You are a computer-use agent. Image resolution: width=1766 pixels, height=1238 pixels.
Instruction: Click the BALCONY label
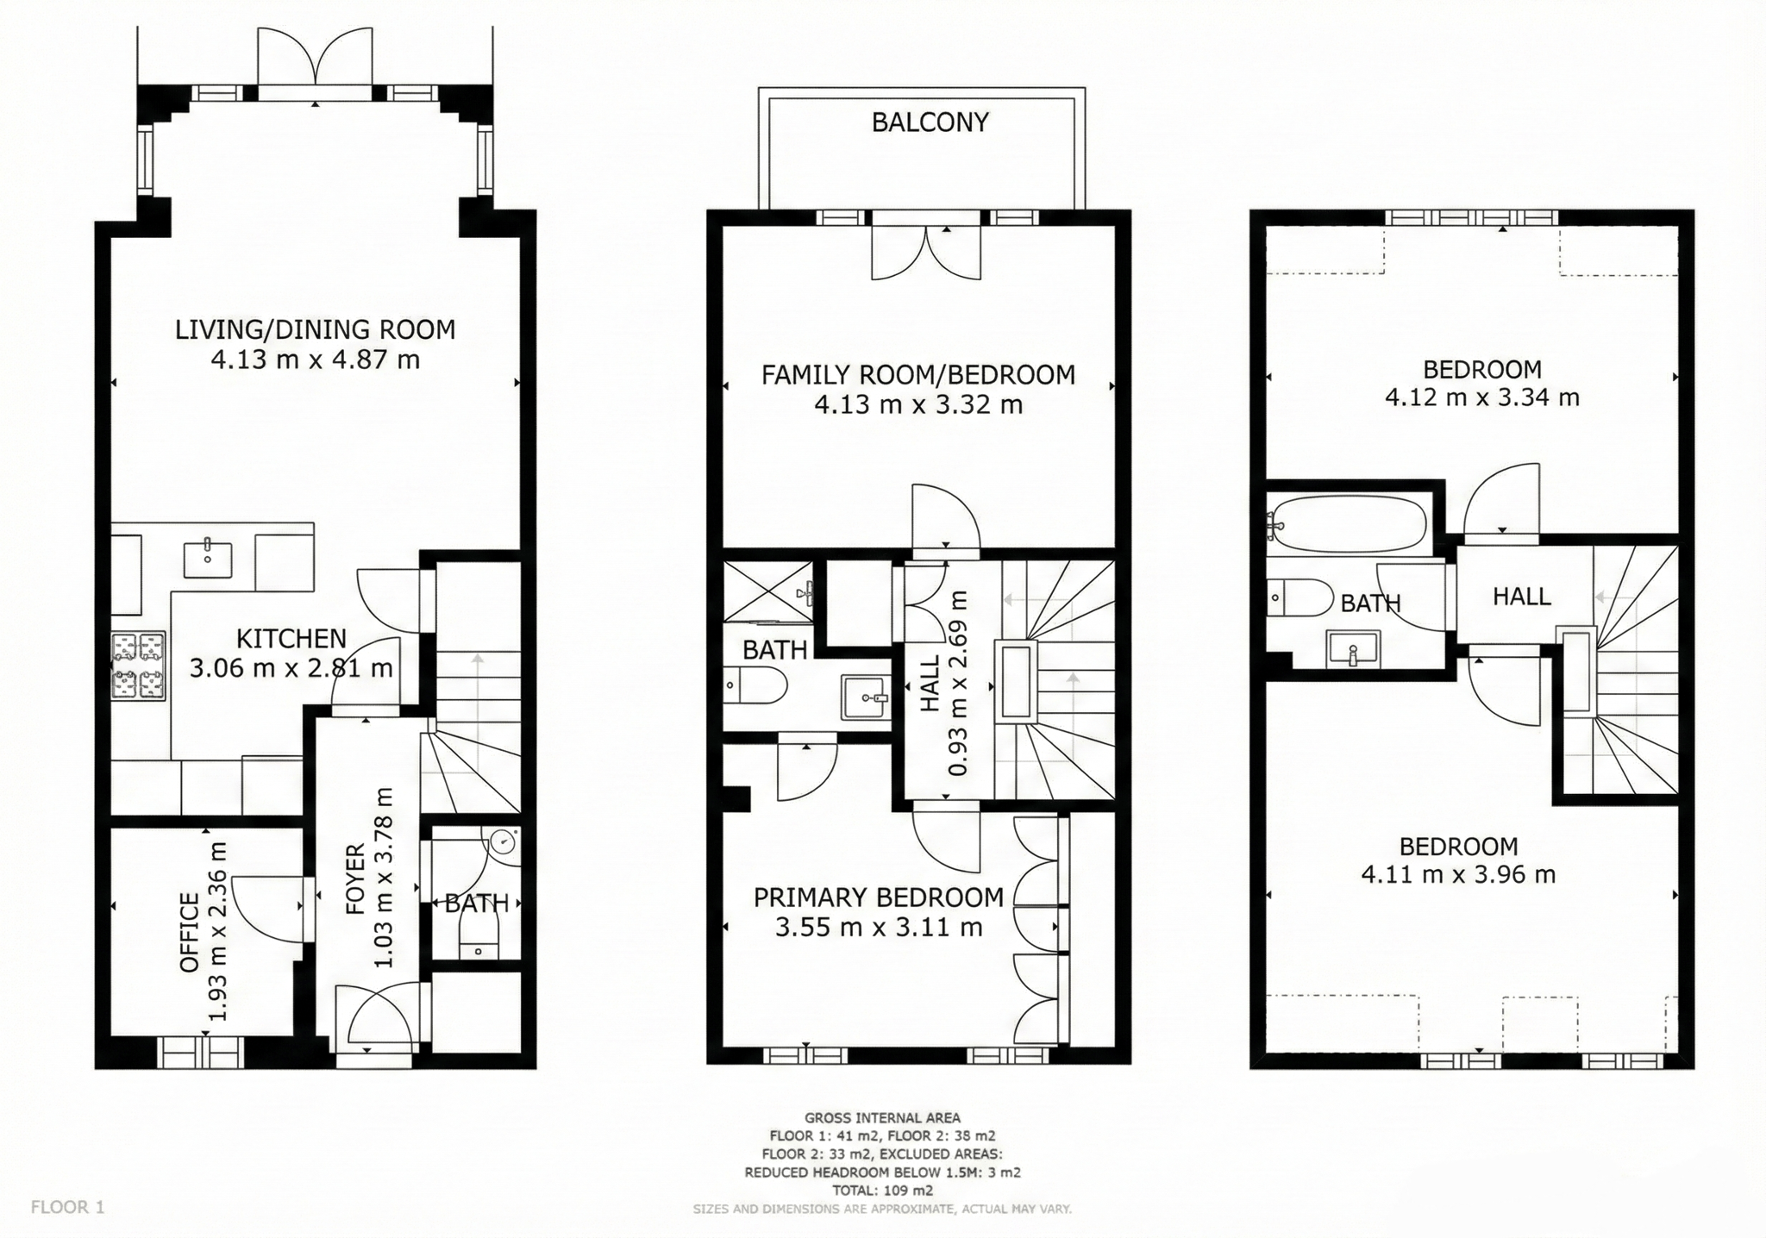tap(930, 122)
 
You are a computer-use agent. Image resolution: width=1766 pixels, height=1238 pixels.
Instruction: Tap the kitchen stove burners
tap(138, 665)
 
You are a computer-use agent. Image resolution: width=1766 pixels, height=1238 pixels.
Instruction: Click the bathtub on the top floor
tap(1349, 523)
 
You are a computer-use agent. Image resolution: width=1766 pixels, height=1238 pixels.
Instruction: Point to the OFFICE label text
tap(190, 933)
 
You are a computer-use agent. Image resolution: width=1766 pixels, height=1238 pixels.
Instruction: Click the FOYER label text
tap(355, 878)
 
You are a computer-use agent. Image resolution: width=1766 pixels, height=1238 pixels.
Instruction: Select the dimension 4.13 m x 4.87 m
tap(316, 360)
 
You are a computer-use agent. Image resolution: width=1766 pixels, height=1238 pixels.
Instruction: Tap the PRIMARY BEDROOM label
tap(879, 897)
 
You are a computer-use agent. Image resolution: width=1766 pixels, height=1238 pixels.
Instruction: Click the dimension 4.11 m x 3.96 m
tap(1458, 874)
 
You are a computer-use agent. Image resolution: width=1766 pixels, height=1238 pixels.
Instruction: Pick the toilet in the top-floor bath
tap(1299, 597)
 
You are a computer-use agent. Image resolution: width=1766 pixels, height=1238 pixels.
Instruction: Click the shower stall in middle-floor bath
tap(768, 591)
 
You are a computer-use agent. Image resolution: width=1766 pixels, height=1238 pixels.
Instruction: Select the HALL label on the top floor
tap(1522, 596)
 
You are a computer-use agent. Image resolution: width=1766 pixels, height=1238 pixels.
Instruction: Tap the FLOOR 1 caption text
tap(67, 1207)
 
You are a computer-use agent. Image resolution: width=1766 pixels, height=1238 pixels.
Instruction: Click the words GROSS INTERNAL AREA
tap(882, 1118)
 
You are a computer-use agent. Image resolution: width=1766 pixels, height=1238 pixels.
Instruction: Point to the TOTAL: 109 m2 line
tap(882, 1191)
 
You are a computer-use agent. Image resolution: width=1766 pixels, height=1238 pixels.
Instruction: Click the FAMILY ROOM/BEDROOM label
tap(918, 375)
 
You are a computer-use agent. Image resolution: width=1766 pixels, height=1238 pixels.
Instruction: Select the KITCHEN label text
tap(291, 639)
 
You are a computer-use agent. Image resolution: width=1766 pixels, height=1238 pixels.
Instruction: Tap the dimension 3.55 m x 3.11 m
tap(879, 928)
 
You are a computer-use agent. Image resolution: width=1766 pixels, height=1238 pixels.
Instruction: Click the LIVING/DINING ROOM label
tap(316, 329)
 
